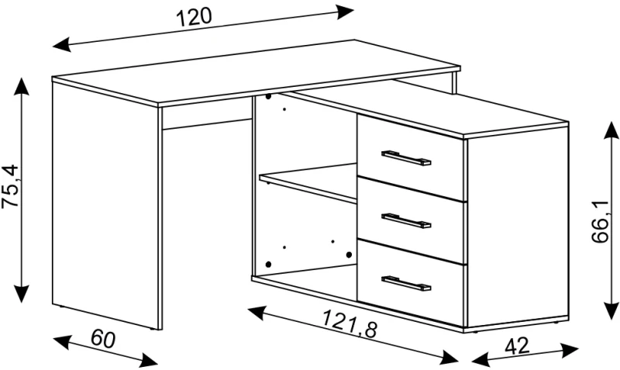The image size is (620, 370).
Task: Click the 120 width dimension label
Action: pyautogui.click(x=194, y=17)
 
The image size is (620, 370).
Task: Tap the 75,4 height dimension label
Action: pyautogui.click(x=11, y=185)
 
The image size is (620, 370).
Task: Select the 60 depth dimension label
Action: pyautogui.click(x=103, y=339)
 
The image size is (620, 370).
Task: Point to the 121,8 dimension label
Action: pyautogui.click(x=350, y=323)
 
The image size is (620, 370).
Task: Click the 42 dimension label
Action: pyautogui.click(x=517, y=345)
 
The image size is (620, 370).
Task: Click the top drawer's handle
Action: pyautogui.click(x=406, y=157)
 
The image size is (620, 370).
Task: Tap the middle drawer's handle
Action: pyautogui.click(x=406, y=221)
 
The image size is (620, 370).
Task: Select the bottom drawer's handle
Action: pyautogui.click(x=406, y=283)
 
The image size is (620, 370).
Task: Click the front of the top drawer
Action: pyautogui.click(x=412, y=158)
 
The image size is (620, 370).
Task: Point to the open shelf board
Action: pyautogui.click(x=308, y=182)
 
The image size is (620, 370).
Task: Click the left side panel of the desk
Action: pyautogui.click(x=105, y=206)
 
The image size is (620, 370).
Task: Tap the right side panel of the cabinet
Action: pyautogui.click(x=518, y=227)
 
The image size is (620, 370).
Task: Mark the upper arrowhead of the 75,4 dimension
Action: pyautogui.click(x=21, y=86)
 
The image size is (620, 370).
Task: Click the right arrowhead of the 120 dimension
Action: pyautogui.click(x=344, y=12)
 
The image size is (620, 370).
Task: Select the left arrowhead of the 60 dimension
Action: pyautogui.click(x=62, y=341)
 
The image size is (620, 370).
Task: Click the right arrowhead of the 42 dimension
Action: pyautogui.click(x=570, y=349)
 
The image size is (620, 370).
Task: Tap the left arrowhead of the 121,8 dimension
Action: pyautogui.click(x=257, y=313)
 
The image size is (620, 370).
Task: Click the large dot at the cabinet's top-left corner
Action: pyautogui.click(x=268, y=96)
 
